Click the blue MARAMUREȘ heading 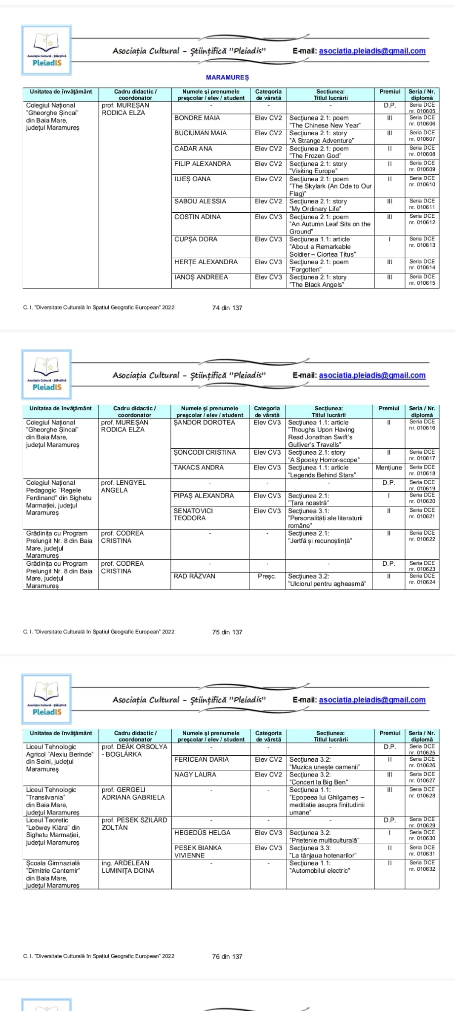[227, 78]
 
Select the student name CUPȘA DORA [196, 239]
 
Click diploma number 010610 [422, 185]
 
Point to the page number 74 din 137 [227, 308]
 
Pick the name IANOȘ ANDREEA [201, 277]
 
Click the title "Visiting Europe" [313, 171]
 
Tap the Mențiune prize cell [389, 467]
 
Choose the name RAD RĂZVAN [194, 576]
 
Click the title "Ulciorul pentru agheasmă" [327, 584]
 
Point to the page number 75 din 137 [227, 632]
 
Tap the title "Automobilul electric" [320, 871]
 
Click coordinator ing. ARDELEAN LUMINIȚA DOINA [128, 867]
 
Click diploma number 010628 [422, 795]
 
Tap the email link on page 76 [372, 700]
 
